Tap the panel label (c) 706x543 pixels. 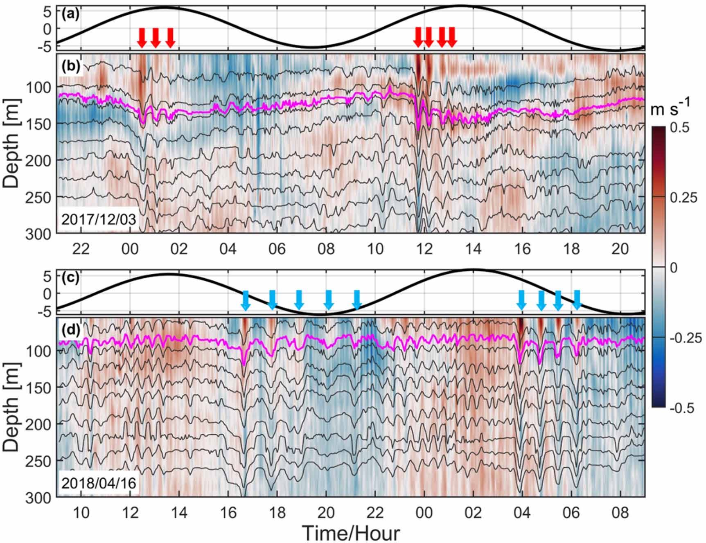point(70,278)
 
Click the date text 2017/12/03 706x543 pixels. point(98,219)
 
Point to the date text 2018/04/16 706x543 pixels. point(98,483)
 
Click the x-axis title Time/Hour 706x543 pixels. point(351,533)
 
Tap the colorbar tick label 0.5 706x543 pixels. point(680,127)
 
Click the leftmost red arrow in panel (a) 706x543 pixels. point(142,38)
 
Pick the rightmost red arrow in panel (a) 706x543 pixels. point(451,37)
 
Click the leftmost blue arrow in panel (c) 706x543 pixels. point(246,300)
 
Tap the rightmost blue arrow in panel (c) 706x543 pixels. point(577,300)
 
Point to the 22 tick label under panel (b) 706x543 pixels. point(81,248)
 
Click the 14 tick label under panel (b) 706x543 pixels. point(473,248)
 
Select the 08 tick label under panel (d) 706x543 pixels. point(620,512)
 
